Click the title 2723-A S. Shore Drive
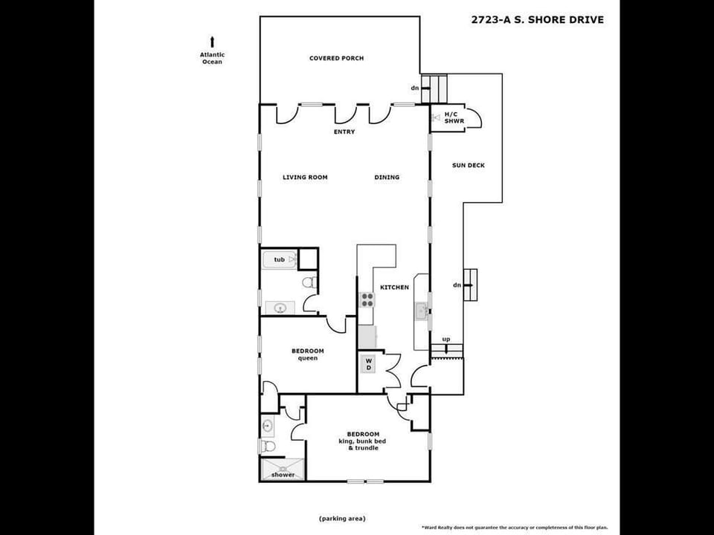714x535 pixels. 537,20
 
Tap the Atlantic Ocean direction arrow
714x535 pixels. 213,42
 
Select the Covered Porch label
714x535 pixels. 336,58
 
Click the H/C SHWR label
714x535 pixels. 454,117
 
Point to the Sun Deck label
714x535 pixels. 468,165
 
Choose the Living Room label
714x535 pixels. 305,177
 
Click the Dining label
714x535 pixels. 387,177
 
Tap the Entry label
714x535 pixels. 344,132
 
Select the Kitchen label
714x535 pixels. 394,288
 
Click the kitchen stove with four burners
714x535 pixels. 367,299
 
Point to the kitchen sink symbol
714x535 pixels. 421,311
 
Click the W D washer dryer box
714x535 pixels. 368,364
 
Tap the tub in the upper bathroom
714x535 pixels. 280,259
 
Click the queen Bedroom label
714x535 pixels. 307,354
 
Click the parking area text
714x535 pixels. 342,518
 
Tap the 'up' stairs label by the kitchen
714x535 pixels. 446,340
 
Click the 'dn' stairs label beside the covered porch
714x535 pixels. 415,88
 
